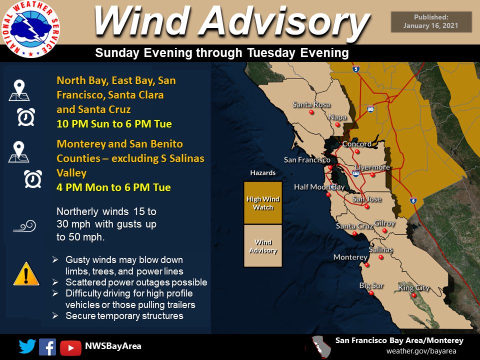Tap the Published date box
click(x=431, y=22)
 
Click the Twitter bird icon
click(x=27, y=346)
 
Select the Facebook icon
click(x=47, y=346)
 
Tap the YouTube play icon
click(x=70, y=347)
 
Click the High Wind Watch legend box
click(x=263, y=202)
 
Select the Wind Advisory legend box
click(x=263, y=245)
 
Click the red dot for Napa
click(x=338, y=124)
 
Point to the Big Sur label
click(x=371, y=285)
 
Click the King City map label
click(x=413, y=287)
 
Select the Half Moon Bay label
click(x=319, y=187)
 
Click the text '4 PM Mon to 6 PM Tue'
click(x=113, y=188)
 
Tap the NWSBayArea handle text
click(x=113, y=346)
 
